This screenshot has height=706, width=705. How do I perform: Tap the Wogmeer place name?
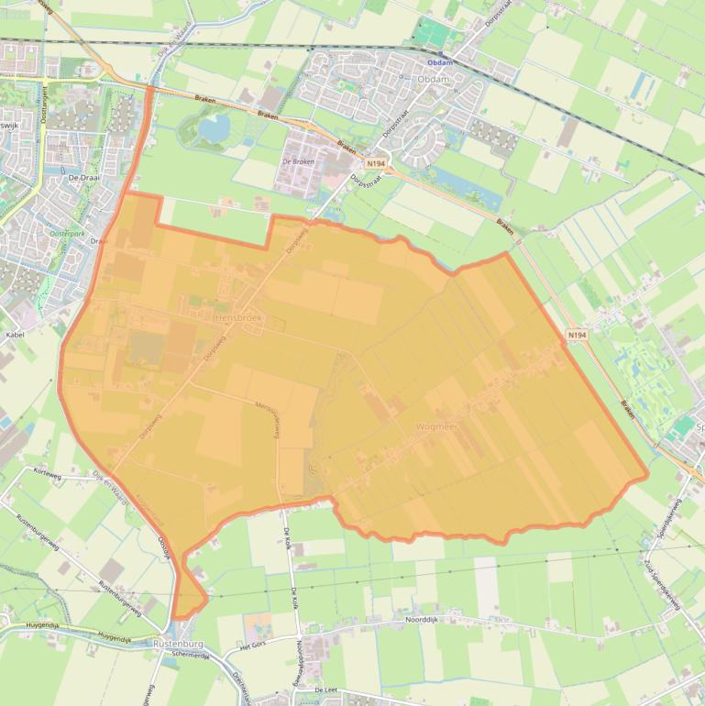coord(436,426)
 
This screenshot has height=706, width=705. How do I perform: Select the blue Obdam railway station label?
coord(441,63)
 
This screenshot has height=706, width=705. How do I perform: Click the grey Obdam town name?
coord(433,80)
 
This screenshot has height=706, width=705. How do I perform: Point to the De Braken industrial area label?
coord(299,161)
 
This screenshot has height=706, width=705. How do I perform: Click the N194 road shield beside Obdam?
coord(375,163)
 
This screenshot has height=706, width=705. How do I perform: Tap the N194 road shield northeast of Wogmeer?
coord(575,336)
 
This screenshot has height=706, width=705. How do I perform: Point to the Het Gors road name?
coord(257,646)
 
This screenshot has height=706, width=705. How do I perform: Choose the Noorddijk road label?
coord(424,620)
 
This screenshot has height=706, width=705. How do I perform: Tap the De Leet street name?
coord(326,689)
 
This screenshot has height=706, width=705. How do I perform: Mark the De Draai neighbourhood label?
coord(83,178)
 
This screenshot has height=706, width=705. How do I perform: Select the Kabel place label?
coord(15,335)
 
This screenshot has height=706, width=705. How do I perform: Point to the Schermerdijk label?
coord(192,655)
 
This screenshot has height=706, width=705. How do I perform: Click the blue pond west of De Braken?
coord(214,130)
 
